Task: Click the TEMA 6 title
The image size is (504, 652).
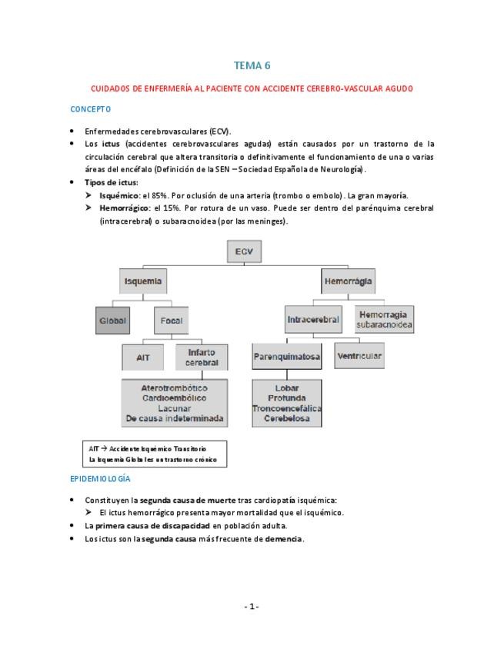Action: (x=252, y=65)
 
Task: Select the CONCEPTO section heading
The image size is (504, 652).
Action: (x=91, y=109)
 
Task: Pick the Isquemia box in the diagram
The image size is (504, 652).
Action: (x=144, y=281)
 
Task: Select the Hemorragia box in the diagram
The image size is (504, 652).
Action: (x=348, y=281)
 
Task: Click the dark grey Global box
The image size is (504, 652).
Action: (x=112, y=320)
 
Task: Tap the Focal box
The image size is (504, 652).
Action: (x=170, y=320)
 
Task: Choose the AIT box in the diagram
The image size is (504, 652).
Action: (x=143, y=358)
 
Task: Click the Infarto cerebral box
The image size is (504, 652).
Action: (x=202, y=357)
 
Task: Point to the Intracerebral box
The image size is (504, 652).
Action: (x=312, y=319)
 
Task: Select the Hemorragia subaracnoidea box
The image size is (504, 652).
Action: (x=385, y=319)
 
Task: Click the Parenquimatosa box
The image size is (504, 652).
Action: (x=286, y=357)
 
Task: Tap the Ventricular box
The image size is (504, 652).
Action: (x=359, y=356)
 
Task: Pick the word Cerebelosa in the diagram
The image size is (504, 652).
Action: (x=286, y=418)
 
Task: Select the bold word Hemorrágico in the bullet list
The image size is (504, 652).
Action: (x=125, y=208)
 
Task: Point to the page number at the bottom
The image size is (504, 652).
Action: (x=252, y=606)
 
